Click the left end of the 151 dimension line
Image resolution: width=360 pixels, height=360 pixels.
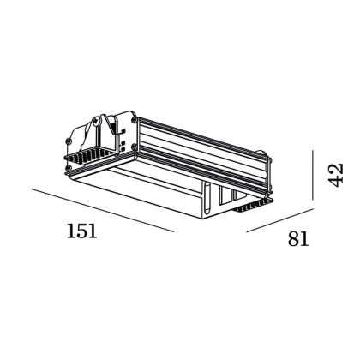(33, 189)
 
